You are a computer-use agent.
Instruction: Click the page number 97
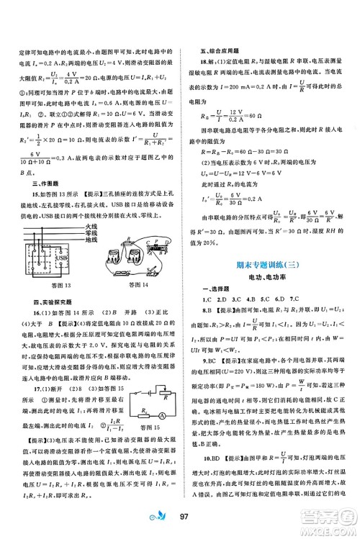[182, 516]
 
